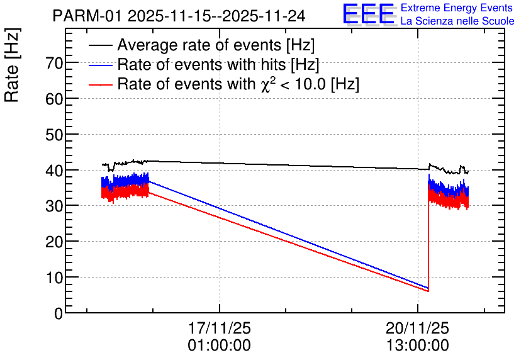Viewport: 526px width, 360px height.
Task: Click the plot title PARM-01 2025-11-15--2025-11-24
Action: click(x=179, y=16)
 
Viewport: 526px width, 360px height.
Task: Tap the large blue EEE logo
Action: click(x=369, y=14)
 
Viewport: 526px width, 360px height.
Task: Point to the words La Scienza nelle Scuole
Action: click(x=457, y=21)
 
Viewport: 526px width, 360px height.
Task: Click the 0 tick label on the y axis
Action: click(x=59, y=313)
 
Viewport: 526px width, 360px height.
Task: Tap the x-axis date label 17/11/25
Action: click(x=219, y=329)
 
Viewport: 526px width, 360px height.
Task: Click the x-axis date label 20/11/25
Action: click(x=417, y=329)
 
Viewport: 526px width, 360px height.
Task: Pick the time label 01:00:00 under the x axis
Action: click(x=219, y=346)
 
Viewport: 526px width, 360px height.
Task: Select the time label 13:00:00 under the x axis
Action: click(x=417, y=346)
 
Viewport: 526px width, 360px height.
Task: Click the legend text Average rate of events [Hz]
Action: click(x=216, y=45)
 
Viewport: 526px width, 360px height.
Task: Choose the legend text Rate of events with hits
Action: click(x=218, y=64)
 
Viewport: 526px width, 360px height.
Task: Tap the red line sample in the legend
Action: click(x=101, y=84)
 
